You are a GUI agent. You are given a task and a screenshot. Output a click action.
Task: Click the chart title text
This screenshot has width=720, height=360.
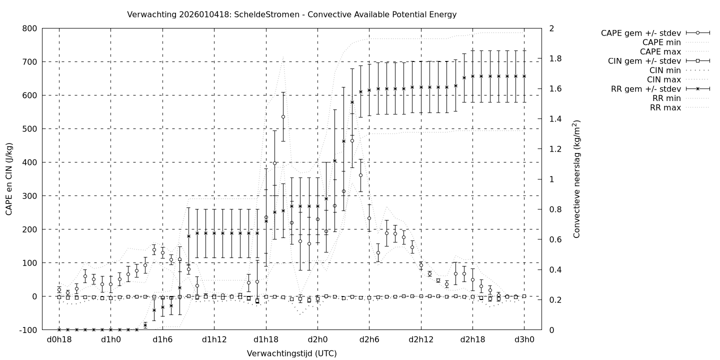tap(292, 14)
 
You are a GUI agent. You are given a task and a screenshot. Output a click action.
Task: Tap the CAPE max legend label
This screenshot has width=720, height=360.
tap(661, 51)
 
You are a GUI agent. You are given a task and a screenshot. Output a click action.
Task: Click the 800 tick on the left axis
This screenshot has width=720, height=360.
tap(29, 28)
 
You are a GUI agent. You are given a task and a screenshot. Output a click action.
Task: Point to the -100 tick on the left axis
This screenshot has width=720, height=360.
tap(28, 330)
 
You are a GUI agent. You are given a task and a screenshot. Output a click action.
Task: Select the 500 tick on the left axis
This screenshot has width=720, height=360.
tap(29, 129)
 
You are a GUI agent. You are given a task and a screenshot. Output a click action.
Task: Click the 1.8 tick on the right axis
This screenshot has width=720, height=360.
tap(554, 58)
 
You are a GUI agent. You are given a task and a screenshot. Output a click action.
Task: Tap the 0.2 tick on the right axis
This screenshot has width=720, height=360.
tap(554, 300)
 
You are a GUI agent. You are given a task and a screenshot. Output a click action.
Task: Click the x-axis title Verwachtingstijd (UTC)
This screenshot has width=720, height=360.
tap(291, 353)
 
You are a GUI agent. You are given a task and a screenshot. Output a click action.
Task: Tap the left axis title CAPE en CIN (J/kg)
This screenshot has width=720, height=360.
tap(9, 179)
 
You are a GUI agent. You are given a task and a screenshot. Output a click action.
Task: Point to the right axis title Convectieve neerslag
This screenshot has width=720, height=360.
tap(576, 179)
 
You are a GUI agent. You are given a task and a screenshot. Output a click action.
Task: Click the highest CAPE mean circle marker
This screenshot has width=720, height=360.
tap(283, 116)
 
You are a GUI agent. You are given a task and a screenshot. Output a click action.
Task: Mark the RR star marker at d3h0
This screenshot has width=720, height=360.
tap(524, 76)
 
